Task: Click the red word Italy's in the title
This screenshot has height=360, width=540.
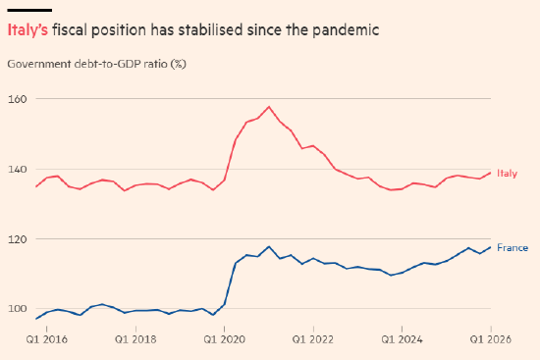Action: (x=27, y=30)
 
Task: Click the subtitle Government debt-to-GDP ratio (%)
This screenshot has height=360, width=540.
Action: (x=97, y=64)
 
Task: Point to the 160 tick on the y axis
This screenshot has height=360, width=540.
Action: (x=18, y=99)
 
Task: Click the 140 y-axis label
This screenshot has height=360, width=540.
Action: (x=18, y=170)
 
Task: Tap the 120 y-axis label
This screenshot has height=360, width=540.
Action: (x=18, y=239)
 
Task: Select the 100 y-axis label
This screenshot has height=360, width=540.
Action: (x=18, y=309)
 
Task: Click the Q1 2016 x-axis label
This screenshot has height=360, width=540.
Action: (x=47, y=339)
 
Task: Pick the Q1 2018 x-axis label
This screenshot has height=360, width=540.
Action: (x=135, y=339)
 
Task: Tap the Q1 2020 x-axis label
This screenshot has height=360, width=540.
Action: (x=224, y=339)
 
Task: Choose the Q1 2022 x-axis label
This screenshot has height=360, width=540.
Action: (x=313, y=339)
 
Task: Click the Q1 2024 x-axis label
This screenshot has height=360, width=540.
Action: (x=402, y=339)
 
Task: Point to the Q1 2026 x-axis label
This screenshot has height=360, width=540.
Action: (x=491, y=339)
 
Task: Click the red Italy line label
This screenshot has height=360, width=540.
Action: (x=507, y=173)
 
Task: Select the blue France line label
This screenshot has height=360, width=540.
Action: (x=513, y=248)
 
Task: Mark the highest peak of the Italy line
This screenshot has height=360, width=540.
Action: (x=269, y=107)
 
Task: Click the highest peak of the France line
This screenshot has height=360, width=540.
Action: (x=269, y=246)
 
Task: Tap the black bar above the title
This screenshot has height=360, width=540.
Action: (x=29, y=11)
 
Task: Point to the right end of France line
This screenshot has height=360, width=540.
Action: (x=490, y=247)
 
